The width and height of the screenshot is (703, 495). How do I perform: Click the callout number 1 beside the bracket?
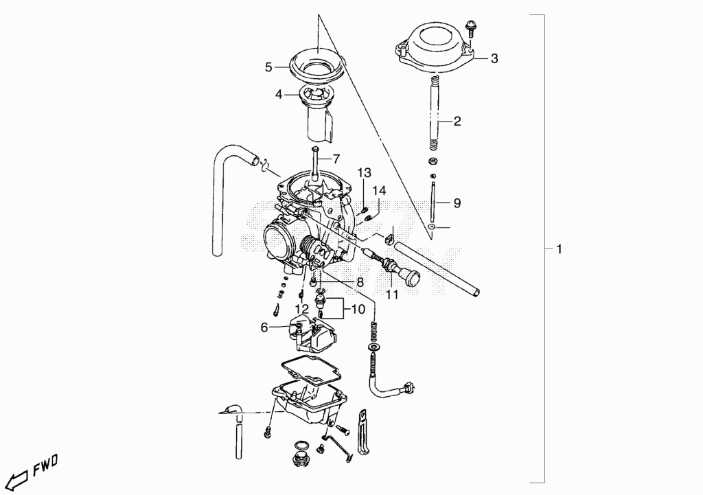(559, 249)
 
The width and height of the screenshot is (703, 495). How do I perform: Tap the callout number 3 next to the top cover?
(494, 58)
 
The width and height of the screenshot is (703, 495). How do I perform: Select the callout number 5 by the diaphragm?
(268, 67)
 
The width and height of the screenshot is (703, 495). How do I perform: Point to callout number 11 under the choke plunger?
(392, 295)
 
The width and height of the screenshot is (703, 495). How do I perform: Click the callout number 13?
(365, 172)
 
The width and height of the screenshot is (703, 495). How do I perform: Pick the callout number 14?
(379, 191)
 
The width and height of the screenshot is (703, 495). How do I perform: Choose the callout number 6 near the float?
(264, 327)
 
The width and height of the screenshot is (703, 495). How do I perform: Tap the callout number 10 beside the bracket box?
(358, 310)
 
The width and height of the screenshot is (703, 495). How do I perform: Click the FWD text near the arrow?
(45, 465)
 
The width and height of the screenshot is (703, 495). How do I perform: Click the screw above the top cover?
(470, 27)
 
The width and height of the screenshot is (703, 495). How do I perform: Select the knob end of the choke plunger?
(412, 277)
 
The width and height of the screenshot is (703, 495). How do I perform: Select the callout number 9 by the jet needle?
(457, 203)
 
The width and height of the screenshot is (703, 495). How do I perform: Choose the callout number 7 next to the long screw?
(336, 159)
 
